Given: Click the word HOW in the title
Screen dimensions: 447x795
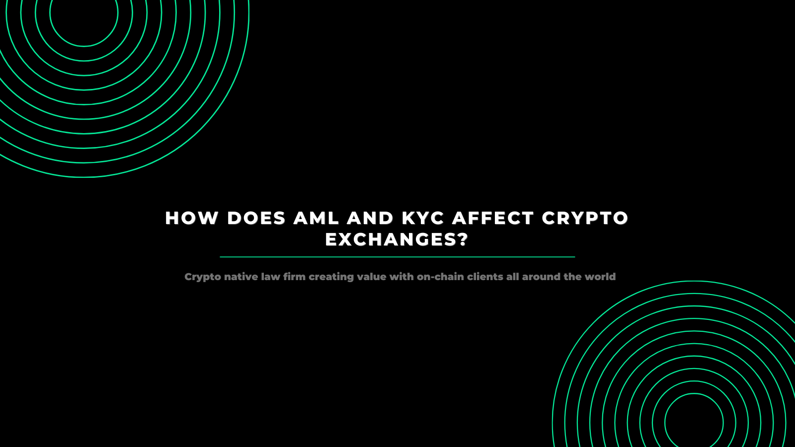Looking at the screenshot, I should point(191,218).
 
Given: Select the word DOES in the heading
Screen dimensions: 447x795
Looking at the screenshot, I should point(256,218).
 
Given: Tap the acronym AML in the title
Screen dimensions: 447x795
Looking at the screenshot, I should point(317,218).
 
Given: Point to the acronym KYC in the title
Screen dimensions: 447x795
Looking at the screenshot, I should point(423,218).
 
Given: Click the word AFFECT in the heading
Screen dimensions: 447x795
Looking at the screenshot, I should point(493,218).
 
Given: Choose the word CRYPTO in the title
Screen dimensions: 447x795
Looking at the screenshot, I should point(585,218).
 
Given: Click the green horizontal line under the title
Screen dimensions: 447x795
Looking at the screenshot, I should point(397,257).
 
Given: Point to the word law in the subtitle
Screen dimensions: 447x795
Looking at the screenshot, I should point(271,277).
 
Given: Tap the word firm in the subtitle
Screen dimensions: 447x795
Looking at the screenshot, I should point(295,277).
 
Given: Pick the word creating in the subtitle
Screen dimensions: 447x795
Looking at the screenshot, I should point(331,277).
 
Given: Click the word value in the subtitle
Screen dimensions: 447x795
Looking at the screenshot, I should point(372,277).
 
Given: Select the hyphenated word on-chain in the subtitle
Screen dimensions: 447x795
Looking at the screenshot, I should point(440,277).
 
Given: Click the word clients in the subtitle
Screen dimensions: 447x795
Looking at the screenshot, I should point(485,277).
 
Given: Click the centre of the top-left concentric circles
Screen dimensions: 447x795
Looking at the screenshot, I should point(84,13).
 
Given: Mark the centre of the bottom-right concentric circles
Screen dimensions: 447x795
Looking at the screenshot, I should point(694,423).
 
